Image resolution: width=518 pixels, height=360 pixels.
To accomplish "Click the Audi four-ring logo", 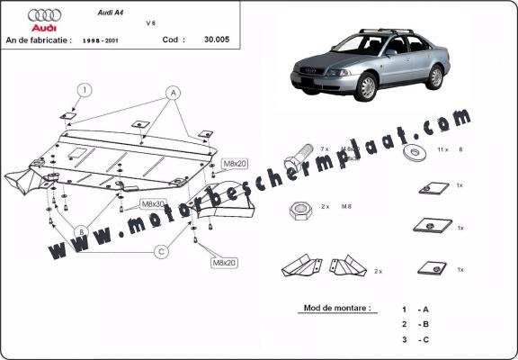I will click(44, 15).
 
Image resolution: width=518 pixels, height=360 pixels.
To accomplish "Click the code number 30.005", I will click(216, 40).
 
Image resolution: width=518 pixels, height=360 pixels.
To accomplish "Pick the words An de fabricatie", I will click(40, 40).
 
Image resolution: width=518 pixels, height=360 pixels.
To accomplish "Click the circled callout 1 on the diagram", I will click(84, 89).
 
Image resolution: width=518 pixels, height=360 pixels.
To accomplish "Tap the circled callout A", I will click(172, 93).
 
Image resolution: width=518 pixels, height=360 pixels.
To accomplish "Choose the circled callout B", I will click(80, 231).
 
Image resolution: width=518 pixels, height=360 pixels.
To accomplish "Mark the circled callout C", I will click(160, 252).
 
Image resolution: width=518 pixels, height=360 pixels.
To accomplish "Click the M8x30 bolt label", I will click(154, 204).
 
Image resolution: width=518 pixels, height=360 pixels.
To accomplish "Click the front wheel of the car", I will click(366, 88).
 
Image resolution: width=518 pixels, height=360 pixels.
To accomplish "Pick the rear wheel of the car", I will click(436, 77).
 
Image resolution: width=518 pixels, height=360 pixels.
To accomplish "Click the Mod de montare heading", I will click(337, 308).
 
